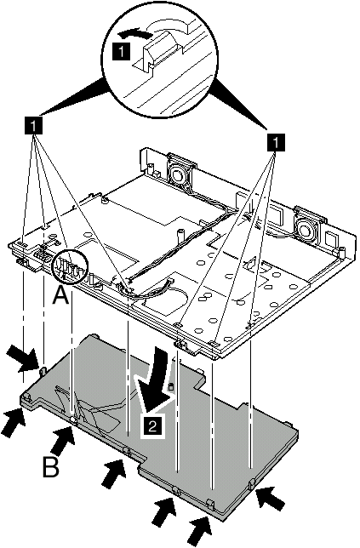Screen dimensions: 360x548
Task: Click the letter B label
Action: (x=51, y=467)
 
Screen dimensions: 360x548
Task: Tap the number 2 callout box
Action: (x=152, y=426)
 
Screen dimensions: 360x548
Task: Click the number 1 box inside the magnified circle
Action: (x=121, y=53)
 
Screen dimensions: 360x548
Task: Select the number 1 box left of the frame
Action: (x=33, y=124)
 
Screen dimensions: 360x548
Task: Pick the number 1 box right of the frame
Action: (x=276, y=143)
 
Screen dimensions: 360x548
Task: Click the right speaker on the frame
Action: (x=308, y=225)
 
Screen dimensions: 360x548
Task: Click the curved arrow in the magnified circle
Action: (x=132, y=33)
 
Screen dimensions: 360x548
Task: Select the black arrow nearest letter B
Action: (x=62, y=436)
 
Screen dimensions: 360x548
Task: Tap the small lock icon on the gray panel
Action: (x=171, y=386)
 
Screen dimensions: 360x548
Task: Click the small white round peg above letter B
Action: (x=72, y=420)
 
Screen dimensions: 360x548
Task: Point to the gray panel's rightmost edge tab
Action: (x=251, y=484)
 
